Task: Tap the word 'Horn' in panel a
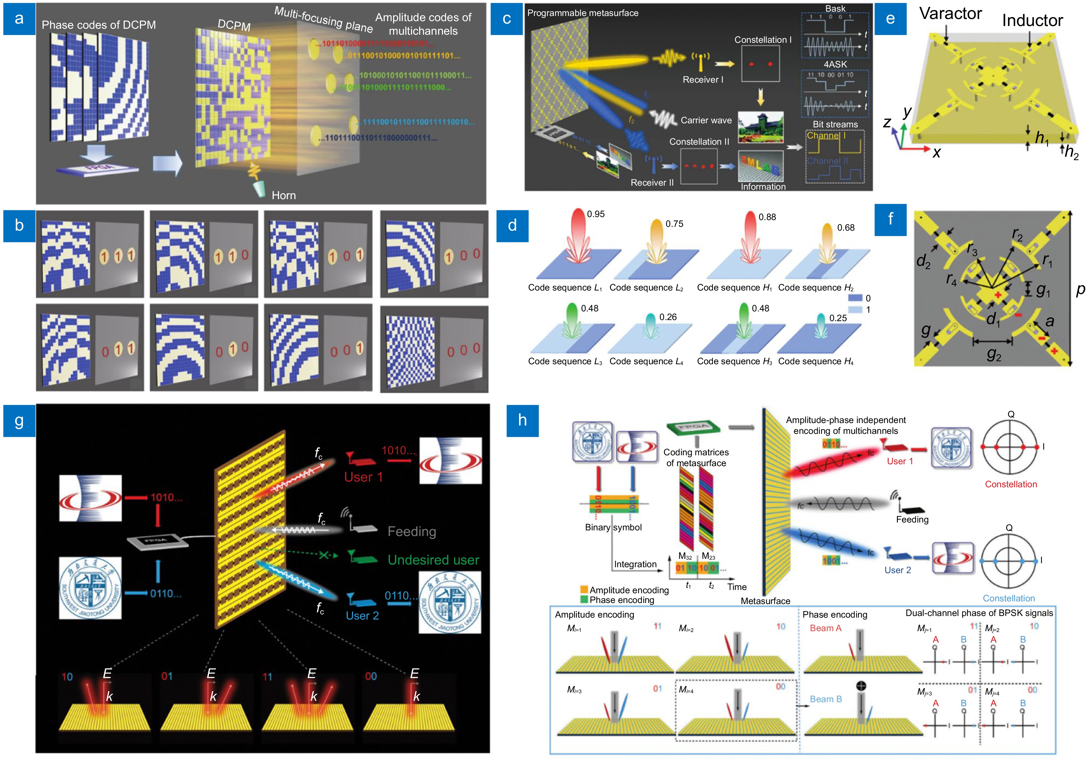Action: click(x=284, y=195)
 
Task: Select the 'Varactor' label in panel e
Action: click(x=950, y=13)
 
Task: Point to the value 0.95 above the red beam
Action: click(x=596, y=214)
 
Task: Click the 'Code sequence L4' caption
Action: click(x=646, y=361)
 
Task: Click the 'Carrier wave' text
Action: click(x=706, y=120)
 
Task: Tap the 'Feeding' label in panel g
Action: click(x=412, y=531)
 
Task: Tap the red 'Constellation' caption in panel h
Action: click(x=1011, y=484)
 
